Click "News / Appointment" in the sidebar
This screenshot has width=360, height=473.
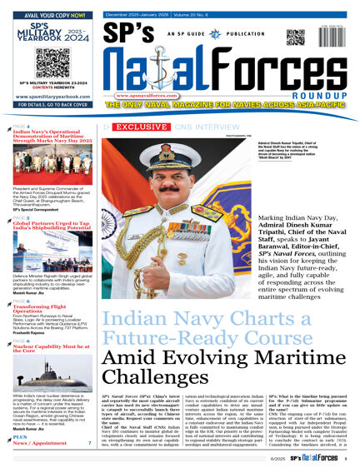(40, 443)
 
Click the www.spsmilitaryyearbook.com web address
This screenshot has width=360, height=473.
(52, 97)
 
